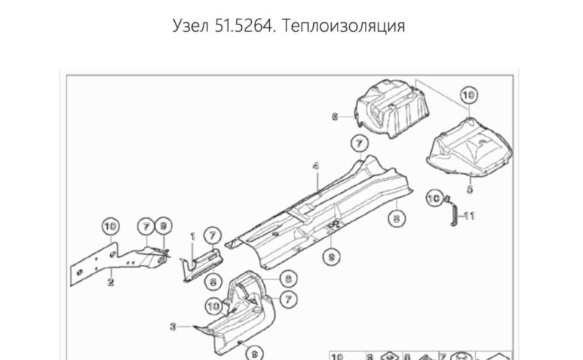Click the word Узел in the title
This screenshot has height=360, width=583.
coord(191,26)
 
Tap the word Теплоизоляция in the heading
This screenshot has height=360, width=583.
coord(344,26)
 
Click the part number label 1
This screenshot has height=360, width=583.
coord(192,235)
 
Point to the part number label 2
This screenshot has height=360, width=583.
coord(110,282)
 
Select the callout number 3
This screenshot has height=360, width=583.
coord(173,326)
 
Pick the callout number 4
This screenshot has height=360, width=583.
coord(315,166)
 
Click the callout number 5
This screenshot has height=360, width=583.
coord(469,189)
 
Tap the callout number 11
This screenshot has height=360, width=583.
coord(469,215)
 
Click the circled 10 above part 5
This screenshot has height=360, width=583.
coord(469,94)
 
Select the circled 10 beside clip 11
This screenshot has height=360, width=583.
coord(434,196)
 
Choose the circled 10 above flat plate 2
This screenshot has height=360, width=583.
coord(109,226)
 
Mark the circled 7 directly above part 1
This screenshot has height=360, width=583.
coord(212,235)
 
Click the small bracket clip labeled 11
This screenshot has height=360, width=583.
coord(451,213)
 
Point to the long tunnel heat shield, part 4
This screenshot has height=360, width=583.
coord(324,209)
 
